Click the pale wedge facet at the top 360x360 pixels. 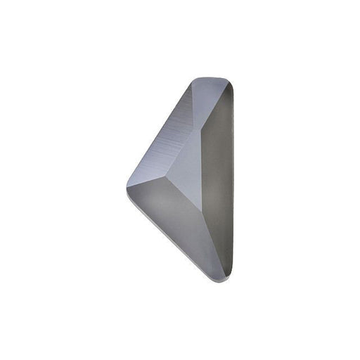coord(211,96)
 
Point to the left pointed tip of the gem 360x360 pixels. coord(128,184)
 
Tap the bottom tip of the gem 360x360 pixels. coord(224,279)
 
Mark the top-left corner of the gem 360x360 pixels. coord(193,79)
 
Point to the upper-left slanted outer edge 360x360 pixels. coord(158,131)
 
